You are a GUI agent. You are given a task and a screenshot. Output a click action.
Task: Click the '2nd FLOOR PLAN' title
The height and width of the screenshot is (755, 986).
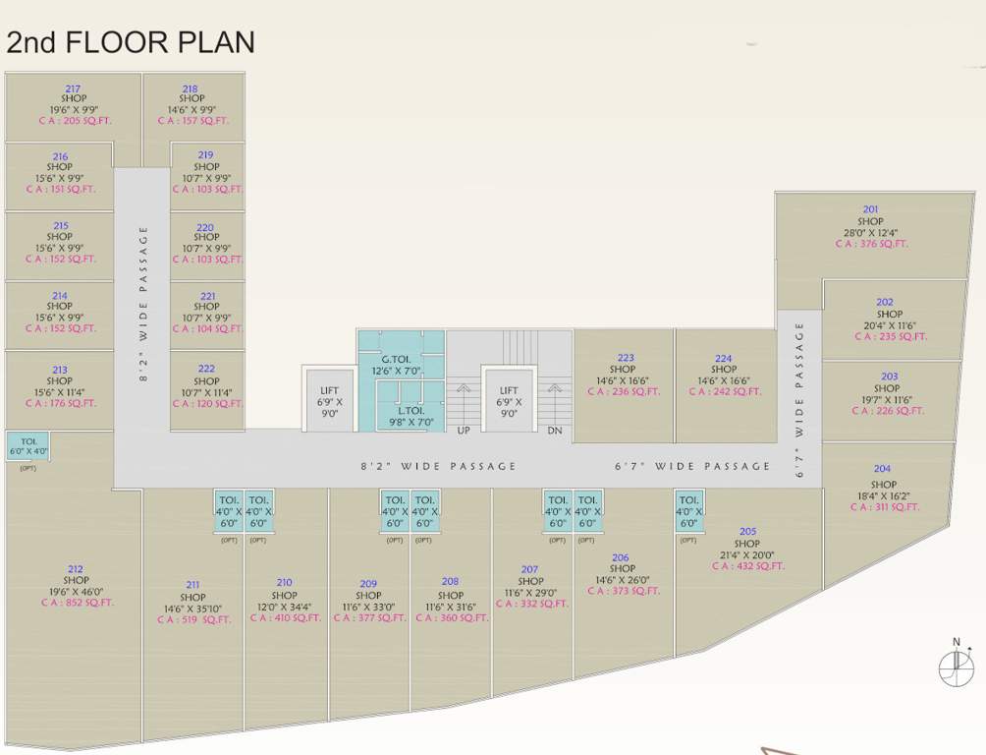point(131,42)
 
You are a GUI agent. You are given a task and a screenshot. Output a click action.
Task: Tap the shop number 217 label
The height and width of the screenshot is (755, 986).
point(73,88)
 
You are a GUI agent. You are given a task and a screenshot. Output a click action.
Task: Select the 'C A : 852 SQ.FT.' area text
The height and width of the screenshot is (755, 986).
point(76,603)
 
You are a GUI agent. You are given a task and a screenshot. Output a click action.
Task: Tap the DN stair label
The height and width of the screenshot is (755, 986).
point(554,431)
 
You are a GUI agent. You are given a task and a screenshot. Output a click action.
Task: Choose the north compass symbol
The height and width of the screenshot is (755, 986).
point(956,666)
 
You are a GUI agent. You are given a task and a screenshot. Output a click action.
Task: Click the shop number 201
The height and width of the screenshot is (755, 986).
point(870,209)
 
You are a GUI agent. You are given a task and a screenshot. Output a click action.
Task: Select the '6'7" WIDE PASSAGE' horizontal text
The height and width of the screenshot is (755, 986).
point(692,466)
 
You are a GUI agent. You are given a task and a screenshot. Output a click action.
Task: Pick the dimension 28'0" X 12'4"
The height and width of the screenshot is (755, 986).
point(870,233)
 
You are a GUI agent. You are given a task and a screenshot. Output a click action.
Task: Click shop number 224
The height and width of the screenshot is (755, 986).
point(724,359)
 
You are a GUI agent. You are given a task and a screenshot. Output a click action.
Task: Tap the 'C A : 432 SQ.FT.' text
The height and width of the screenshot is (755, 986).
point(747,566)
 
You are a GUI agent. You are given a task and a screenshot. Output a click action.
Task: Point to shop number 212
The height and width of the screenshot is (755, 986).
point(76,569)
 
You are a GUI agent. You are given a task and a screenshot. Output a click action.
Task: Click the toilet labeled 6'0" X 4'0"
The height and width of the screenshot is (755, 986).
point(27,446)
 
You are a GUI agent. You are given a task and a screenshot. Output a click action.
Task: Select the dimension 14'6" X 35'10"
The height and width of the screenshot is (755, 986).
point(192,610)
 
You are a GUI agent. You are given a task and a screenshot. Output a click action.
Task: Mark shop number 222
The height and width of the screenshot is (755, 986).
point(206,370)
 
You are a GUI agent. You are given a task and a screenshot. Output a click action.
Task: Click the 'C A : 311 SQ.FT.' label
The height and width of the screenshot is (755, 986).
point(883,507)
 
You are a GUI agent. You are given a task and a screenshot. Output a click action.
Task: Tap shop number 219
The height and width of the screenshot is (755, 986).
point(205,155)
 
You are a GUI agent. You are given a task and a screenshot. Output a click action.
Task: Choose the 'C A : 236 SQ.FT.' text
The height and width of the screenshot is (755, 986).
point(625,391)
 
